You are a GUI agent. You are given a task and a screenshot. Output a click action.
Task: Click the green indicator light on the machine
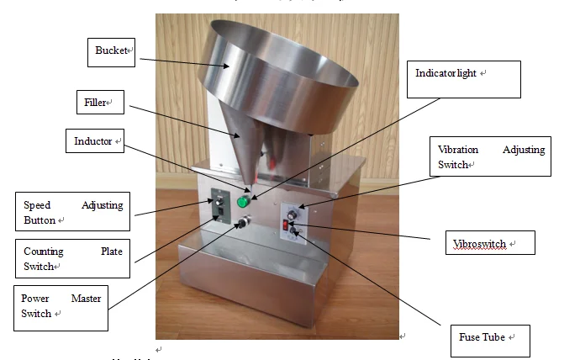243,202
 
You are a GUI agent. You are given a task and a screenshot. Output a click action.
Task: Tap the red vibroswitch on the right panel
286,225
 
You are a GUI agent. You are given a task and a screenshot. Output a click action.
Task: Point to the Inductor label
92,141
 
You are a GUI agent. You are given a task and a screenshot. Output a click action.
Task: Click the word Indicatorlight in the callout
446,73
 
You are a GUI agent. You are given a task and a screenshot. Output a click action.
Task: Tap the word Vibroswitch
478,244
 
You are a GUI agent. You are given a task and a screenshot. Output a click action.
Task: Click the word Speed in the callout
37,204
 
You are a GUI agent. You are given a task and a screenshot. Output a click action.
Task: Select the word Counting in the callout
44,251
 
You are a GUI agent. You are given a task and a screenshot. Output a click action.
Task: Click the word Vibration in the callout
459,150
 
